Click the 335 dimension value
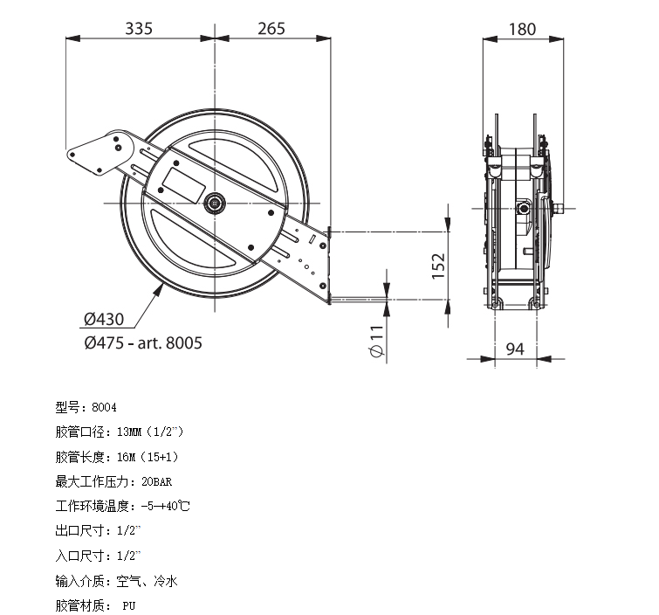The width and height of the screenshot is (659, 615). [x=139, y=29]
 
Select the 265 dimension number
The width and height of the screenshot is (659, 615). [x=271, y=29]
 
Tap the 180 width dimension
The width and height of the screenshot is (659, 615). [x=523, y=30]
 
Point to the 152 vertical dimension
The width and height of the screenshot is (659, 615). [x=438, y=266]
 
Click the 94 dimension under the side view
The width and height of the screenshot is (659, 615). [x=515, y=349]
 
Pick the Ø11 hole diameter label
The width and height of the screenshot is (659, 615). [x=377, y=342]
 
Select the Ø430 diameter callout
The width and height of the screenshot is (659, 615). [x=104, y=319]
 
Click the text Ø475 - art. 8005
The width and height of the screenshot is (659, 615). [x=143, y=342]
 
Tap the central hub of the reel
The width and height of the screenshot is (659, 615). [x=215, y=204]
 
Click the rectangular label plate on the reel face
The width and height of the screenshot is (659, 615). [x=183, y=185]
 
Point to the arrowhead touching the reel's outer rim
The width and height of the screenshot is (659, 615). [x=159, y=289]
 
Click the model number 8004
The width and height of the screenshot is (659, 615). [x=104, y=407]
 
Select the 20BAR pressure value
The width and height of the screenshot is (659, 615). [x=157, y=481]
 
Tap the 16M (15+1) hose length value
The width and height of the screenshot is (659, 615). [x=148, y=457]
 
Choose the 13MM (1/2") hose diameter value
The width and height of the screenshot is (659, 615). [x=150, y=432]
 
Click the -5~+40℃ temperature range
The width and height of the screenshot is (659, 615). [x=165, y=506]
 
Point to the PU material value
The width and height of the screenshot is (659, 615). [x=129, y=605]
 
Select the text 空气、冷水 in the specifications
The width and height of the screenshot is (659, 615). [x=148, y=581]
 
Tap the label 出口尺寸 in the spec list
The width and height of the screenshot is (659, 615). [x=79, y=531]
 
